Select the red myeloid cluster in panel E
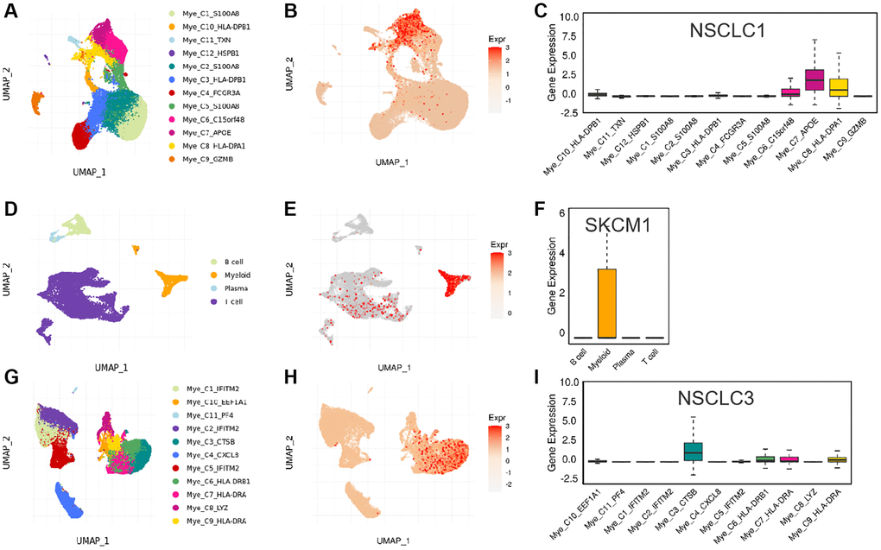(x=449, y=282)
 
